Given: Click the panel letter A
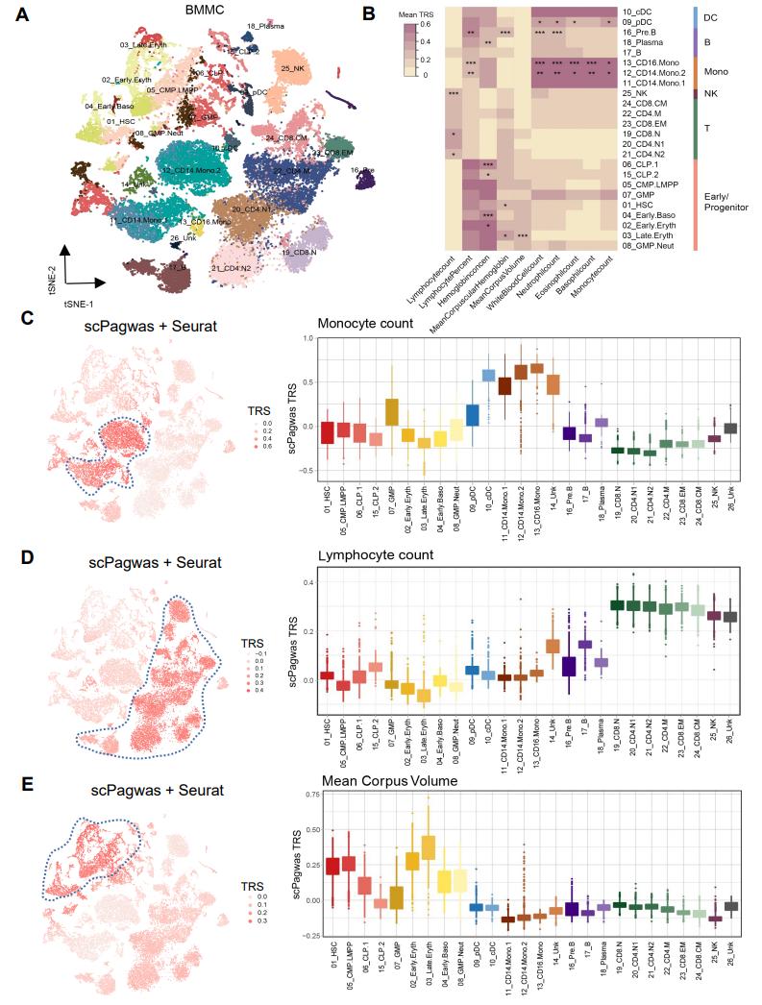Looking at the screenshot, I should click(x=22, y=14).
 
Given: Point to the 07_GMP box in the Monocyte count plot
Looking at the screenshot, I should click(x=391, y=411).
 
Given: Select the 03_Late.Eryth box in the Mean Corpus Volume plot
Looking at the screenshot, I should click(x=429, y=848).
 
